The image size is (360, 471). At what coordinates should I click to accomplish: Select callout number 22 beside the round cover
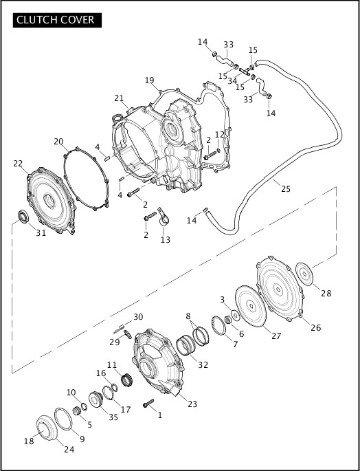(18, 163)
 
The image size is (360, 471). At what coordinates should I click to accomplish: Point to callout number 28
(326, 293)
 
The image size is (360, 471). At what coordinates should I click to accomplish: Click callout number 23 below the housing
(192, 404)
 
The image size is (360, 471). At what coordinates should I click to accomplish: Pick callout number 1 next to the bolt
(160, 415)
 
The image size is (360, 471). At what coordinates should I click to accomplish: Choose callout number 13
(165, 239)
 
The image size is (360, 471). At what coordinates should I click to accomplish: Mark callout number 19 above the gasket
(149, 80)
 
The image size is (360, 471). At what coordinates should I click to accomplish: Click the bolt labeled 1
(148, 404)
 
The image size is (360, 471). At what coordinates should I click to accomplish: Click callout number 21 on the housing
(119, 98)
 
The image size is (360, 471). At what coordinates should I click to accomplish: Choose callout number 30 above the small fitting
(138, 316)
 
